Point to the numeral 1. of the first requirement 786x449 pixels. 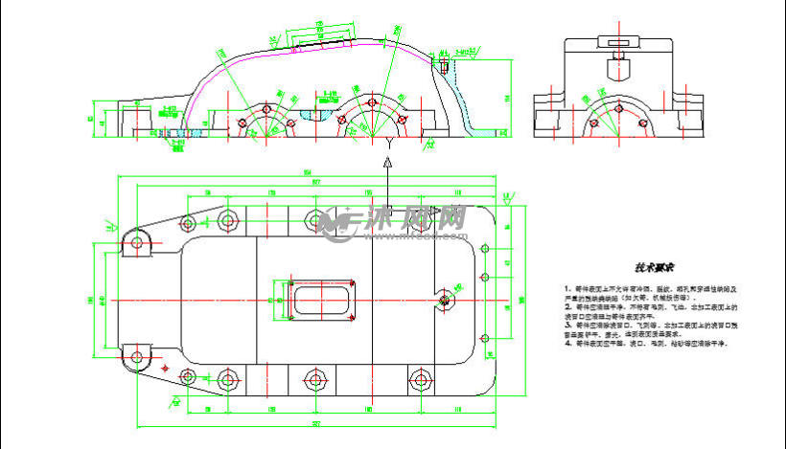click(x=567, y=288)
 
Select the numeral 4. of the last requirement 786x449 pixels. click(x=567, y=342)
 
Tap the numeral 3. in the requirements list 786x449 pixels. click(x=567, y=325)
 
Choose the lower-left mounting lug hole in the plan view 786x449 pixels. click(x=136, y=358)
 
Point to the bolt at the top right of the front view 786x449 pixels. click(x=445, y=66)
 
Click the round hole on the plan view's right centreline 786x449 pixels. click(x=444, y=301)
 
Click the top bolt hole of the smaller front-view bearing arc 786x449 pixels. click(x=266, y=108)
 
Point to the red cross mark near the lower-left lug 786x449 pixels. click(x=165, y=367)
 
